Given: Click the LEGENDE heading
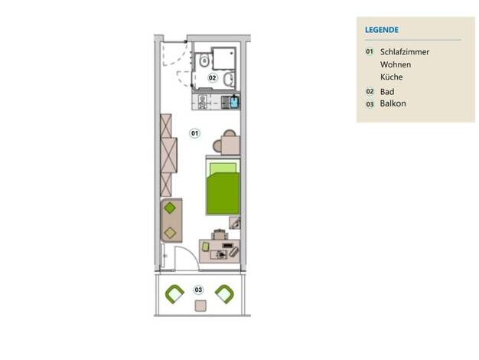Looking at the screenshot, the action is pyautogui.click(x=382, y=30).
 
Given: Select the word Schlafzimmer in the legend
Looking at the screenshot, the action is pyautogui.click(x=405, y=52).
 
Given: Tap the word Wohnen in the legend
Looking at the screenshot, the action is pyautogui.click(x=396, y=64).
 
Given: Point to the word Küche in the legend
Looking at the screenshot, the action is pyautogui.click(x=391, y=77).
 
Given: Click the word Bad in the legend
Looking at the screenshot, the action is pyautogui.click(x=387, y=91).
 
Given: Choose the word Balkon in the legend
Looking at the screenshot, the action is pyautogui.click(x=393, y=103).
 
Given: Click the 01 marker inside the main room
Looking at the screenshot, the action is pyautogui.click(x=194, y=133).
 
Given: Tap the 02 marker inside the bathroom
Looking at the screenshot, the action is pyautogui.click(x=212, y=77).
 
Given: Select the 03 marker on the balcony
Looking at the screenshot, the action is pyautogui.click(x=199, y=290).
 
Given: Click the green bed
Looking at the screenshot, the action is pyautogui.click(x=223, y=188).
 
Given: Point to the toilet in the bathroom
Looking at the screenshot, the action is pyautogui.click(x=204, y=61).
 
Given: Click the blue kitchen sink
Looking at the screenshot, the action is pyautogui.click(x=234, y=102).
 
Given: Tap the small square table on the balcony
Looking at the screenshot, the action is pyautogui.click(x=200, y=306).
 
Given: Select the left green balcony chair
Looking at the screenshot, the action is pyautogui.click(x=174, y=294).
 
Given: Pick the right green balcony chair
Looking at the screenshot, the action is pyautogui.click(x=224, y=294).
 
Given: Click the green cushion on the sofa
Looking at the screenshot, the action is pyautogui.click(x=170, y=208).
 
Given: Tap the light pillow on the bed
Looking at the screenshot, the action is pyautogui.click(x=223, y=169).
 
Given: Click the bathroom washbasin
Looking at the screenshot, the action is pyautogui.click(x=228, y=80).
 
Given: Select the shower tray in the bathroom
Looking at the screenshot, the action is pyautogui.click(x=224, y=58).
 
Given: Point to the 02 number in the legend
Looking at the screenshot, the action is pyautogui.click(x=370, y=91).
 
